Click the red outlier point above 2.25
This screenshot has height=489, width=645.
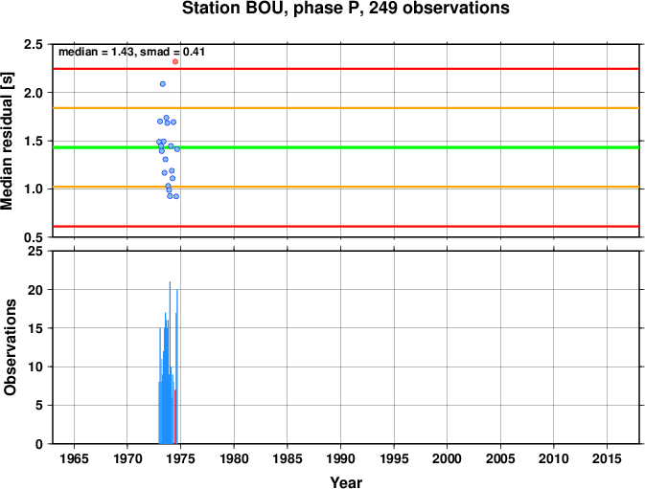coord(175,61)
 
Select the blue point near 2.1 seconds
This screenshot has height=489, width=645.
coord(163,84)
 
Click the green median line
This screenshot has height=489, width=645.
coord(346,147)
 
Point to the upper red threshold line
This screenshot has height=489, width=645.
coord(346,69)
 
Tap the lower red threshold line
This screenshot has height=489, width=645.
coord(346,226)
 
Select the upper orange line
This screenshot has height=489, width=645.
coord(346,108)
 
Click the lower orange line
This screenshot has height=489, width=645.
coord(346,187)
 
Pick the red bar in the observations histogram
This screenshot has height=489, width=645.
coord(175,416)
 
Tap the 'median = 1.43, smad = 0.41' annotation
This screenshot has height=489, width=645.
coord(131,52)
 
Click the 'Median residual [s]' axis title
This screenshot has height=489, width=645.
coord(7,141)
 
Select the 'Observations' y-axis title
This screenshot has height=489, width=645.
coord(10,347)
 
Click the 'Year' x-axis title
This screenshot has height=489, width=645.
coord(346,482)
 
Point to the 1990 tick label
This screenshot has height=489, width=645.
coord(340,458)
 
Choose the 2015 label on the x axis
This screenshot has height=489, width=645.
coord(607,458)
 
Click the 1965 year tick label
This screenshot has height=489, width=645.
coord(74,458)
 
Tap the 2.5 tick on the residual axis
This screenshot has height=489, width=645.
coord(34,44)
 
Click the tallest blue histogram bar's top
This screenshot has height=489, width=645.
coord(170,282)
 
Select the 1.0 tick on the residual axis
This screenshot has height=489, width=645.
coord(34,189)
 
